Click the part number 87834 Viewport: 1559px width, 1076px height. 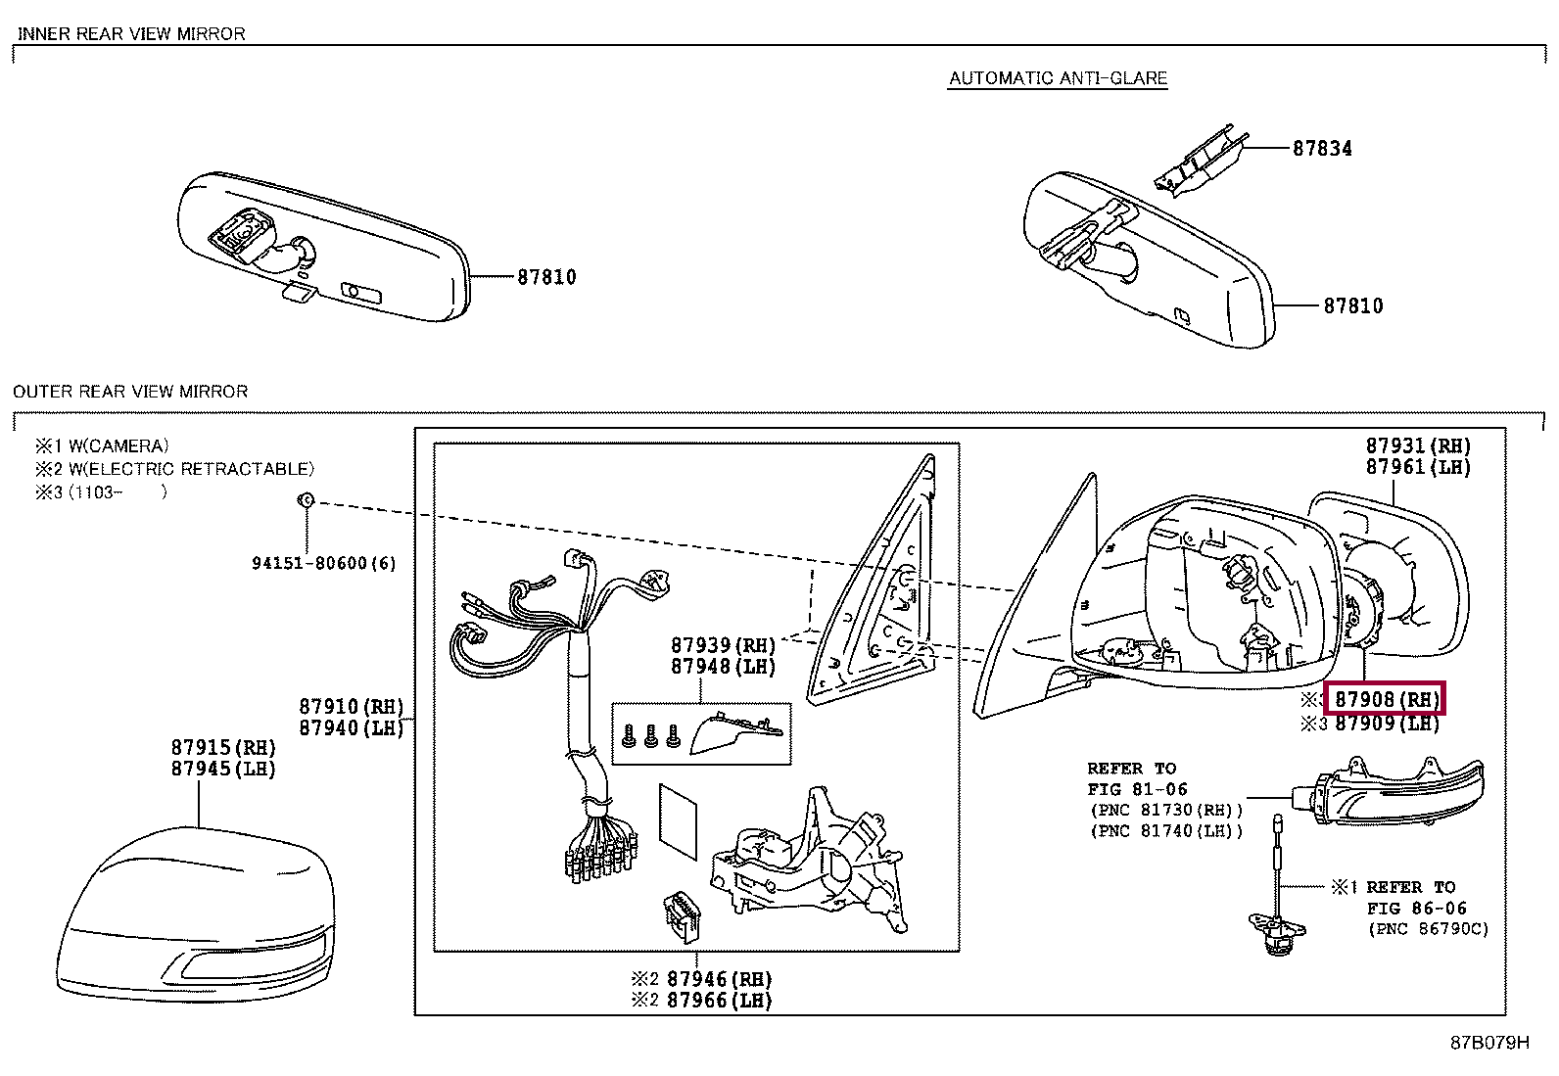coord(1322,149)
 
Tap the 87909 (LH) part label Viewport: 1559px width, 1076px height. coord(1387,724)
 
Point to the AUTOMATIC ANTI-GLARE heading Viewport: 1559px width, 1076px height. coord(1058,78)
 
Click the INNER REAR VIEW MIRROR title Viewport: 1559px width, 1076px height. coord(131,34)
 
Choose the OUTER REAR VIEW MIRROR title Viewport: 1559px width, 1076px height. coord(130,392)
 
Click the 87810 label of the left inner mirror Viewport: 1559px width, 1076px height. coord(546,277)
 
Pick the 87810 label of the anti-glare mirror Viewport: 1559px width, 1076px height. coord(1353,306)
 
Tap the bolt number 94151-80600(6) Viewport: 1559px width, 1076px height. coord(323,563)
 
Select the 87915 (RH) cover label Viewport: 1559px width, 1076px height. coord(223,748)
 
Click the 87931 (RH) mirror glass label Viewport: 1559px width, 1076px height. coord(1418,446)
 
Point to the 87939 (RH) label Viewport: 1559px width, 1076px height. coord(723,646)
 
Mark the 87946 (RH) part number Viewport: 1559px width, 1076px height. coord(719,979)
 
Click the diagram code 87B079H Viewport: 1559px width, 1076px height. coord(1488,1043)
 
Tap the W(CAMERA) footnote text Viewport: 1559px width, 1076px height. coord(118,446)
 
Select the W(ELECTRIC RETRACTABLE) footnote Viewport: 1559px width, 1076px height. coord(191,469)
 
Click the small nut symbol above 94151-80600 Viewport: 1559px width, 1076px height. coord(306,501)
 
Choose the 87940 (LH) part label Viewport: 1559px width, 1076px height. coord(351,728)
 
